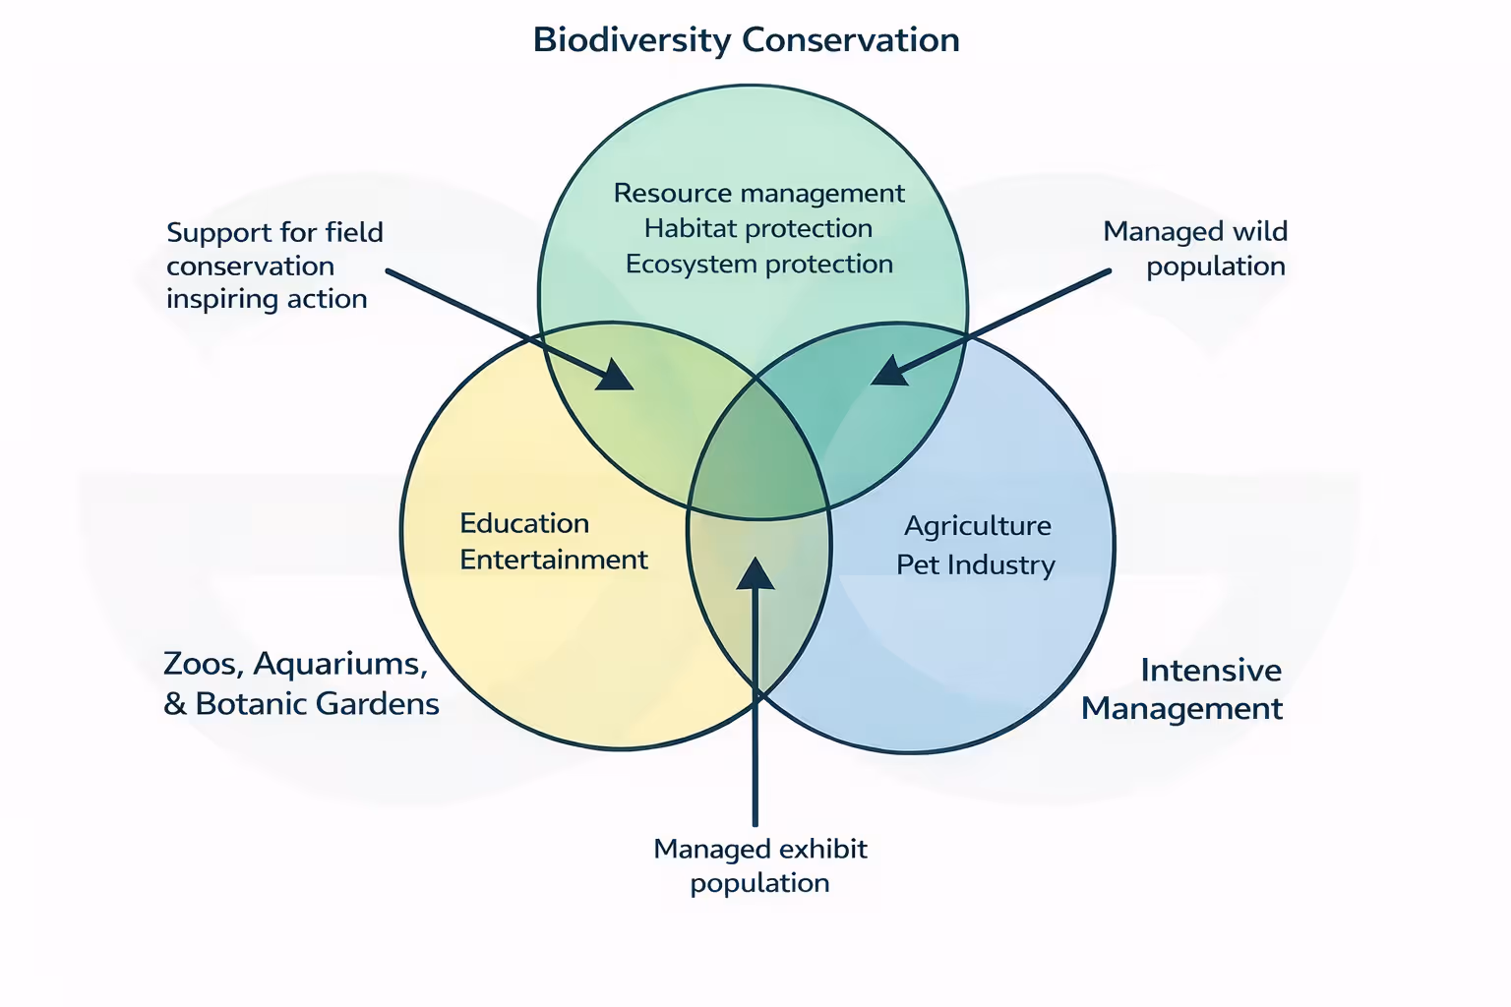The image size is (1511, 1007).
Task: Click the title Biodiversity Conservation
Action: [x=746, y=40]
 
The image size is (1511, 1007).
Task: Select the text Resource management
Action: [x=758, y=193]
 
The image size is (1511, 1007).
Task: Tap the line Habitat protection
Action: [x=758, y=228]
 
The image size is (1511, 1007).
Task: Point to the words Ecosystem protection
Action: [x=758, y=264]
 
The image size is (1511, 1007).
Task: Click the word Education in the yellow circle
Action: [x=524, y=523]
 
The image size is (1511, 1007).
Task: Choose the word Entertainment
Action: [x=554, y=560]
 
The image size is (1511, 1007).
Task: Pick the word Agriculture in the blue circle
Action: [x=977, y=526]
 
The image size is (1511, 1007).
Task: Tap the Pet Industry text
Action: [x=975, y=564]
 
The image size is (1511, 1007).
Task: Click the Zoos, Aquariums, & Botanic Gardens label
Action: [x=300, y=683]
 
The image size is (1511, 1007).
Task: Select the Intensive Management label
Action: [x=1182, y=688]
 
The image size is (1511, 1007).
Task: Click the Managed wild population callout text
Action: [x=1195, y=248]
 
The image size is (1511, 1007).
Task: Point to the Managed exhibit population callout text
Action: [x=760, y=865]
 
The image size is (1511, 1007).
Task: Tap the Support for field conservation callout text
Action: [x=274, y=266]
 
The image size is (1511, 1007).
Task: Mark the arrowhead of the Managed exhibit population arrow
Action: [x=755, y=572]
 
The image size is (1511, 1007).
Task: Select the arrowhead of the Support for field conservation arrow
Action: [x=617, y=377]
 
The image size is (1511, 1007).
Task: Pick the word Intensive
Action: [x=1211, y=670]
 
